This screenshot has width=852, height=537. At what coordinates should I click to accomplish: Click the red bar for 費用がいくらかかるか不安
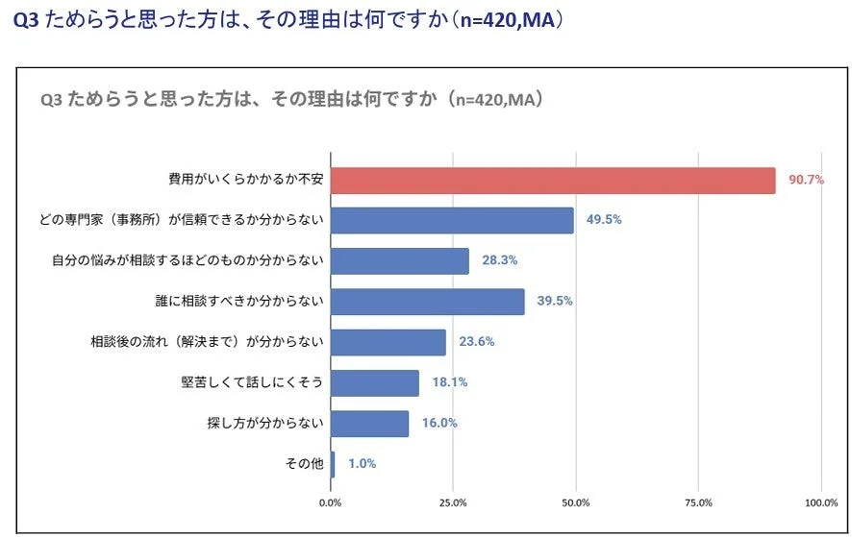(x=553, y=180)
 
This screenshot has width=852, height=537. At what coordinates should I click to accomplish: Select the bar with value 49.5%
(x=452, y=220)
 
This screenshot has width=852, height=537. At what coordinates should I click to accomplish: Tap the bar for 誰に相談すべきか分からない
(x=427, y=302)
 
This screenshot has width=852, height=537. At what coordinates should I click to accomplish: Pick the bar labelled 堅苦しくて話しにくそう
(x=375, y=383)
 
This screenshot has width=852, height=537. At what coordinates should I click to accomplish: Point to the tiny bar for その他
(x=333, y=464)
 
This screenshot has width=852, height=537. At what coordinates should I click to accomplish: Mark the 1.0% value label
(x=362, y=464)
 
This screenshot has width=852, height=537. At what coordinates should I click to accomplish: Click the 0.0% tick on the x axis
(x=330, y=502)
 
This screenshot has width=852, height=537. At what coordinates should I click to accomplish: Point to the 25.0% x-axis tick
(x=453, y=502)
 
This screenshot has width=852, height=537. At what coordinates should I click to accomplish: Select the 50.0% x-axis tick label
(x=575, y=502)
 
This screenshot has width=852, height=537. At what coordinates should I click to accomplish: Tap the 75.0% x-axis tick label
(x=698, y=502)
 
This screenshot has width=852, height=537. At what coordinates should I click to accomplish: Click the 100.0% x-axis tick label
(x=820, y=502)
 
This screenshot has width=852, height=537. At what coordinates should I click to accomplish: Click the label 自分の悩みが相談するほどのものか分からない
(x=188, y=261)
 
